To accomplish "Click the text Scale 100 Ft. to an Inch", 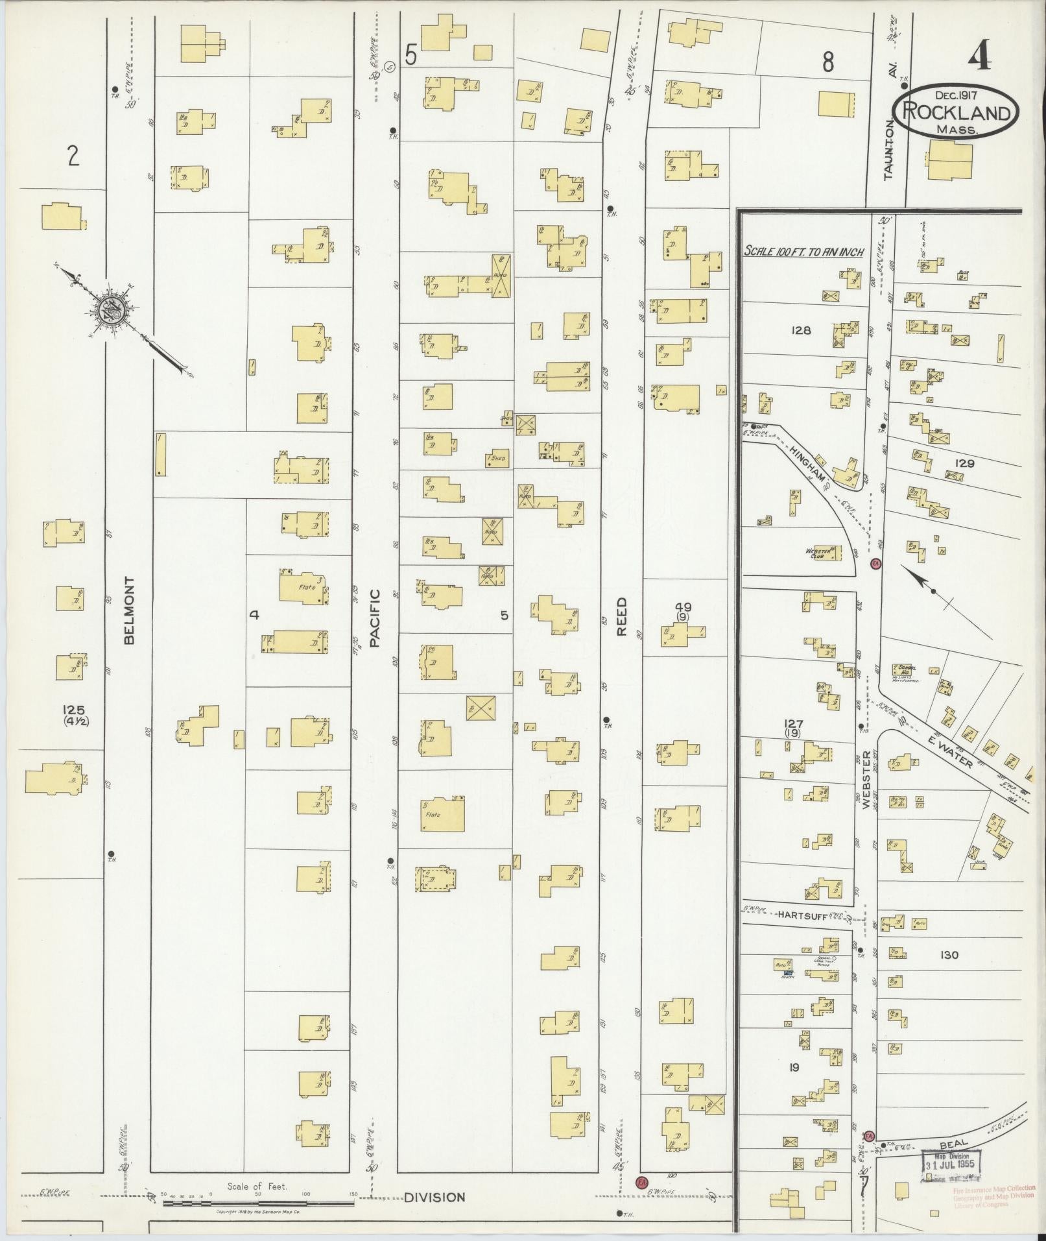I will [x=803, y=252].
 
